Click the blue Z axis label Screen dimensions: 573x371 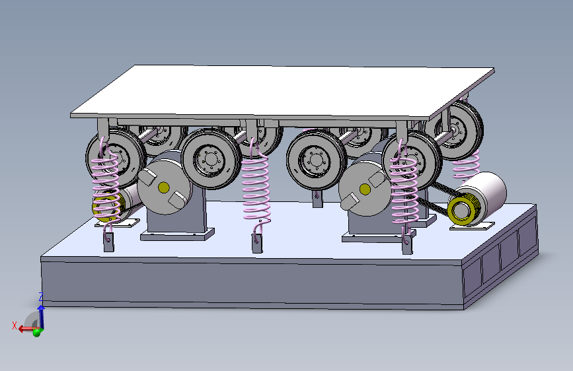(41, 296)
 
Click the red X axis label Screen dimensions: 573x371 (15, 325)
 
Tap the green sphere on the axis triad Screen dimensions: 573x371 (36, 333)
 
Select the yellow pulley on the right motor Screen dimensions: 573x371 (461, 210)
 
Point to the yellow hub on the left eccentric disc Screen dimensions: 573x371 (164, 187)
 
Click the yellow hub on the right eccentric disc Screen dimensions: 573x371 (365, 189)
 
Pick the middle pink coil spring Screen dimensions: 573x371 (256, 184)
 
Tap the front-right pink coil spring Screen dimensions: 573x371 (404, 190)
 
